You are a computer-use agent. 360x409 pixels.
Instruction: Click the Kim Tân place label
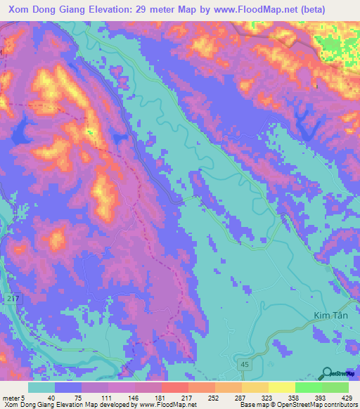(326, 318)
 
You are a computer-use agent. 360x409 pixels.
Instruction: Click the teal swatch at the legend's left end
(41, 388)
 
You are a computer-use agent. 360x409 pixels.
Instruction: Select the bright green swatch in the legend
(308, 388)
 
